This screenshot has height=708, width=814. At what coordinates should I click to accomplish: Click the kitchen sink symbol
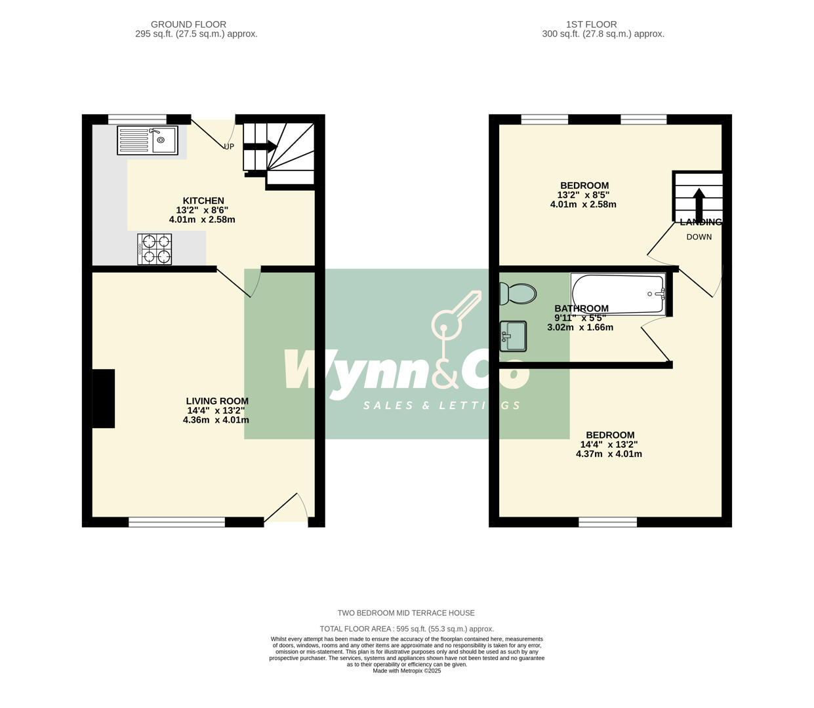coord(148,140)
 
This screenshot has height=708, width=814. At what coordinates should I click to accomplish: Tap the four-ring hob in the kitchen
coord(155,250)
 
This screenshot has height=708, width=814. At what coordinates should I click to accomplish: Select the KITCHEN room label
coord(203,201)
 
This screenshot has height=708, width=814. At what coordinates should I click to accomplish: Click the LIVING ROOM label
coord(217,401)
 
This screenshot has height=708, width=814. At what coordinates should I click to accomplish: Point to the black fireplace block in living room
coord(104,399)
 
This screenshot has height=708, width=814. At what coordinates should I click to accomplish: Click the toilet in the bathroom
coord(517,294)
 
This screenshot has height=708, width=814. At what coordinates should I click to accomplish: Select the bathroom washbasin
coord(513,336)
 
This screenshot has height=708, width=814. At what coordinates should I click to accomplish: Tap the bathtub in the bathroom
coord(618,293)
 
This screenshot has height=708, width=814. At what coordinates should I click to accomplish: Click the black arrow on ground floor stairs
coord(260,147)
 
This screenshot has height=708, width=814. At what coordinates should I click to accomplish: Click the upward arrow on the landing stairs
coord(699,205)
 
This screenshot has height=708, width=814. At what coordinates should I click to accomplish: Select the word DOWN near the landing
coord(699,237)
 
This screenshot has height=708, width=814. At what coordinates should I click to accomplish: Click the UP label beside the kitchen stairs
coord(229,147)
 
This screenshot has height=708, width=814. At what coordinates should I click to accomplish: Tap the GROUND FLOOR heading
coord(188,25)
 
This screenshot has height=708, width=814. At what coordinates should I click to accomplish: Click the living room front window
coord(176,522)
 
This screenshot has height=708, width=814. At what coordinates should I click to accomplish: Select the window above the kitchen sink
coord(137,119)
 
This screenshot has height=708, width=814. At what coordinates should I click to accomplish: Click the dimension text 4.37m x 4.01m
coord(609,454)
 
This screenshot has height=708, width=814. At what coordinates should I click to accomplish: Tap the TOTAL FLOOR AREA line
coord(407,629)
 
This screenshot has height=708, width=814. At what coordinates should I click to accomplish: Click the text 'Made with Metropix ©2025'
coord(407,671)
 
